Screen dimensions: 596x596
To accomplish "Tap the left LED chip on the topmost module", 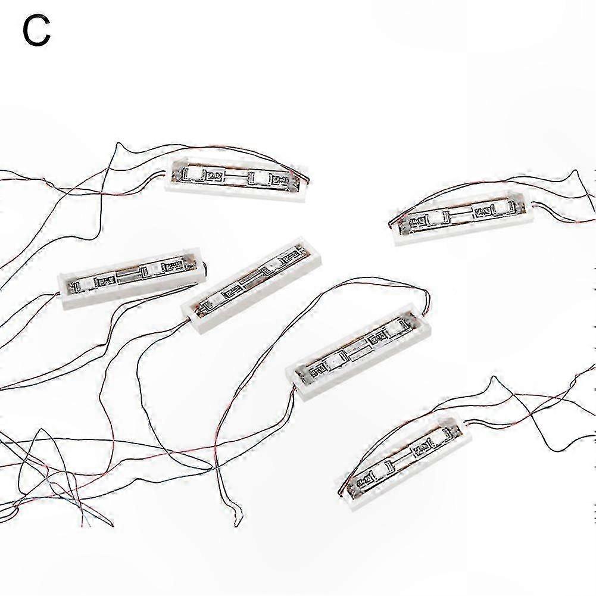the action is click(x=197, y=175).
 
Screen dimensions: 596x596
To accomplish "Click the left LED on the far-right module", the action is click(x=436, y=219).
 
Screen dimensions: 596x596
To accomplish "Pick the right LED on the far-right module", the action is click(x=499, y=207).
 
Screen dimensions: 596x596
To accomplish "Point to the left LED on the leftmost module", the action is click(x=86, y=283).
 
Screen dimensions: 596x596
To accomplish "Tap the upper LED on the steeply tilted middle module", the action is click(x=273, y=263).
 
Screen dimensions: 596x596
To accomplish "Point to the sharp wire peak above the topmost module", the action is click(x=118, y=143).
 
